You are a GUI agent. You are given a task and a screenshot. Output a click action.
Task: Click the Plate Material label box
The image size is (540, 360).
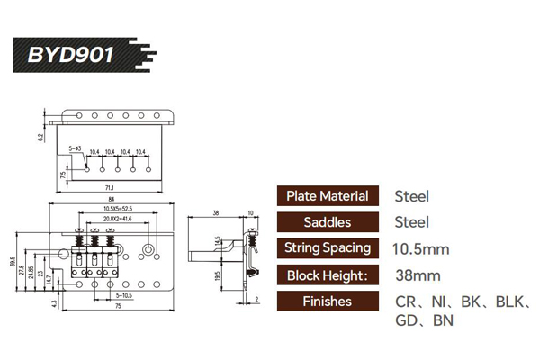pyautogui.click(x=327, y=196)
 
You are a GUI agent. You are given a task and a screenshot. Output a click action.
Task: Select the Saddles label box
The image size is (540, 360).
pyautogui.click(x=327, y=222)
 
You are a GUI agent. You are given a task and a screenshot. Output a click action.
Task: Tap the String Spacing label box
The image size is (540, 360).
pyautogui.click(x=327, y=248)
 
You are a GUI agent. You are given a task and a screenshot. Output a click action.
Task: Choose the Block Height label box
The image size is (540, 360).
pyautogui.click(x=327, y=275)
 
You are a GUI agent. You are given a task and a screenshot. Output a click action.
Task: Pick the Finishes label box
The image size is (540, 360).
pyautogui.click(x=327, y=301)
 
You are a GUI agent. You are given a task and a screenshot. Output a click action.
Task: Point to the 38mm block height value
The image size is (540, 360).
pyautogui.click(x=417, y=275)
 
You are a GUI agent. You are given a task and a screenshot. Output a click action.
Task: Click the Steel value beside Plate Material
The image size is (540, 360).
pyautogui.click(x=411, y=196)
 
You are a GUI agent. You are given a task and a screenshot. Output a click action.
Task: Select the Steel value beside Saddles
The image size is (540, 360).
pyautogui.click(x=411, y=222)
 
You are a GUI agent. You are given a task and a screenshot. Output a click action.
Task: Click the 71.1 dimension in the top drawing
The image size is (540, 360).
pyautogui.click(x=109, y=188)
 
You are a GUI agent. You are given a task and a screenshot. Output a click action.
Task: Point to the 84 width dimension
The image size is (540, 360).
pyautogui.click(x=109, y=200)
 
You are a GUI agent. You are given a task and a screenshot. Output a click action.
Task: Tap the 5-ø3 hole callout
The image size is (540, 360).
pyautogui.click(x=76, y=147)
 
